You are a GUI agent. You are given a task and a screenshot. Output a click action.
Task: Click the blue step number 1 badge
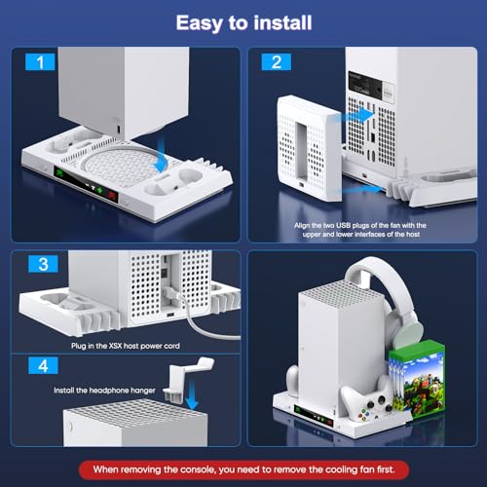click(x=40, y=61)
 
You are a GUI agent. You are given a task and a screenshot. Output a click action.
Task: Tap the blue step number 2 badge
click(x=277, y=61)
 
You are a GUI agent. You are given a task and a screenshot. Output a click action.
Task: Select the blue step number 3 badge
click(x=43, y=264)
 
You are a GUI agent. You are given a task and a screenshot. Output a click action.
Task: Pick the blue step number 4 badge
click(x=43, y=365)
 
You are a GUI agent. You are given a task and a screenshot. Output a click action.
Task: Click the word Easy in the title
click(x=200, y=23)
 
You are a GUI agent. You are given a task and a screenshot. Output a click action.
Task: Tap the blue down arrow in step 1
click(x=162, y=154)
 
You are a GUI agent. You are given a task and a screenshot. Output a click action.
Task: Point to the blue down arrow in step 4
click(x=193, y=392)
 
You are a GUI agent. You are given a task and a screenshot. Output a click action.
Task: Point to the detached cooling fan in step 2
click(x=310, y=148)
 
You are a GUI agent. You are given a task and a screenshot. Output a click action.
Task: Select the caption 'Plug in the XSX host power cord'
click(x=126, y=346)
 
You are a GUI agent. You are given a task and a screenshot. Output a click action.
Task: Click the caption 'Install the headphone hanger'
click(x=104, y=391)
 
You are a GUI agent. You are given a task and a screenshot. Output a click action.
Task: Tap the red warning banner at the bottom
click(x=243, y=469)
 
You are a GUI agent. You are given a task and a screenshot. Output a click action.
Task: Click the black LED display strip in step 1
click(x=86, y=185)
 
